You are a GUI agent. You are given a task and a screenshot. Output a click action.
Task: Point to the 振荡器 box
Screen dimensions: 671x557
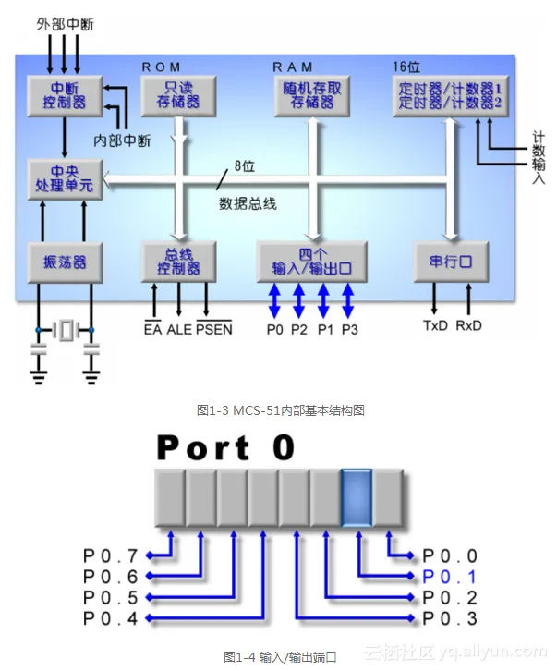64,263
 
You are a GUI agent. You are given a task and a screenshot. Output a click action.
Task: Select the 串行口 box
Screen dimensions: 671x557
450,262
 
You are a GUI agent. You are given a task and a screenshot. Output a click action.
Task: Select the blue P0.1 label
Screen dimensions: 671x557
450,576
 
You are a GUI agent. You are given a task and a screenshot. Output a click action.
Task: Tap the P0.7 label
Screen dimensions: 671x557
109,556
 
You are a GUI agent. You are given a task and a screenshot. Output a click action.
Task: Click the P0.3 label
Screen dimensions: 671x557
450,617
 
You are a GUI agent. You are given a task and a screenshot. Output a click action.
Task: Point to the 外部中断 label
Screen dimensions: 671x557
65,20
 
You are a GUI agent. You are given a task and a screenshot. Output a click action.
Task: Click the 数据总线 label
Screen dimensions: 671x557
247,203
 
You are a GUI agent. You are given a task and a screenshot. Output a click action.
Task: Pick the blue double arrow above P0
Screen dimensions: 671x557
275,301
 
